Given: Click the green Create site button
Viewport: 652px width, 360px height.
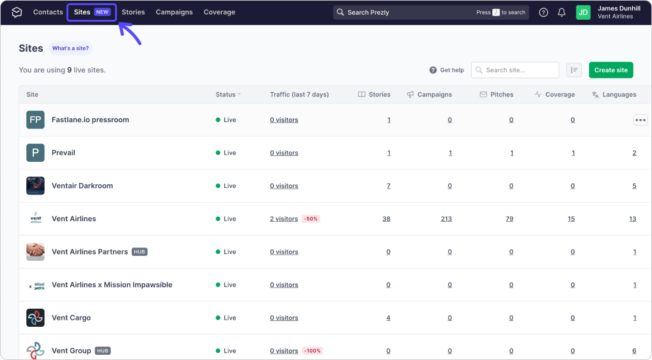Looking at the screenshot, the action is (x=611, y=70).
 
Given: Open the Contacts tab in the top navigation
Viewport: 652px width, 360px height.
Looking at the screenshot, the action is (x=48, y=12).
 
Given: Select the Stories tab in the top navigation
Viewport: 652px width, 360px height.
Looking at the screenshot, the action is (x=133, y=12).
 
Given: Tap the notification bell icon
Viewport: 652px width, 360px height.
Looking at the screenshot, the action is (x=561, y=13).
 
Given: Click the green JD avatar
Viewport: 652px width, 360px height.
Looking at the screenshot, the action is (x=583, y=13).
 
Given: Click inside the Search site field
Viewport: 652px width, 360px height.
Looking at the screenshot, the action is (x=515, y=70).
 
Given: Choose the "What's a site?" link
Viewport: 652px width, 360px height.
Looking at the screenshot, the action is (x=70, y=49).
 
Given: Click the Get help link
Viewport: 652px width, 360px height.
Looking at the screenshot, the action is (x=447, y=70).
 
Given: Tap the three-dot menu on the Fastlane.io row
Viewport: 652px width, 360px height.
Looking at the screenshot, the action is (x=640, y=120).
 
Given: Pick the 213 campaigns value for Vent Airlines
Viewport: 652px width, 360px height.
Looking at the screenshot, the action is (x=446, y=219).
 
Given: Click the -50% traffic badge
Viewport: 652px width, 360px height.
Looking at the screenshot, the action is (x=311, y=219).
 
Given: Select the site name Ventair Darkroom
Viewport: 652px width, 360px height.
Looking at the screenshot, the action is (x=82, y=185).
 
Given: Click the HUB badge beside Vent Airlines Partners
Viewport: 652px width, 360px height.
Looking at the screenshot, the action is (x=139, y=252).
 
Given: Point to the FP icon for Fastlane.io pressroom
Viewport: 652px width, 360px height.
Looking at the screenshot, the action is (x=35, y=120).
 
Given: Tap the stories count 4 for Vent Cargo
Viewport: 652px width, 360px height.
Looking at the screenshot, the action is (x=389, y=318).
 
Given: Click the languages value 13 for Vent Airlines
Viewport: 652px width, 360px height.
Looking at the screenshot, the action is (x=632, y=219).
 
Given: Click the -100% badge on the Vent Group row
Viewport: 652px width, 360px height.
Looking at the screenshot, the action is (x=313, y=351).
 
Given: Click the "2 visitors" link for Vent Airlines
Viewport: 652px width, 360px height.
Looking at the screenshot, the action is (x=284, y=219).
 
